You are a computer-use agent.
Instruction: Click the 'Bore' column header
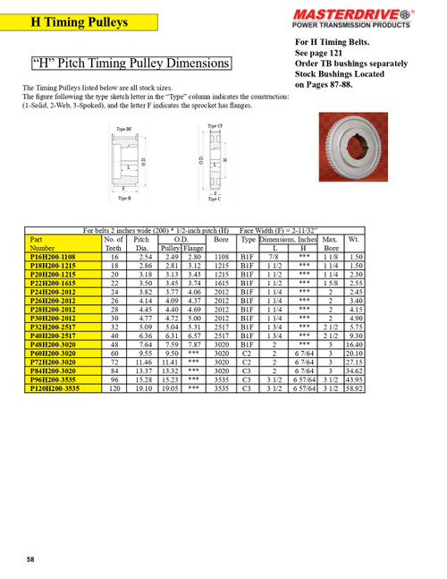click(x=222, y=240)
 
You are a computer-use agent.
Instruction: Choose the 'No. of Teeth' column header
click(x=114, y=244)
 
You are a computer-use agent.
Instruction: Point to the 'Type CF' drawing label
click(x=215, y=127)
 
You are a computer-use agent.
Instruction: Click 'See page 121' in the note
click(x=322, y=52)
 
